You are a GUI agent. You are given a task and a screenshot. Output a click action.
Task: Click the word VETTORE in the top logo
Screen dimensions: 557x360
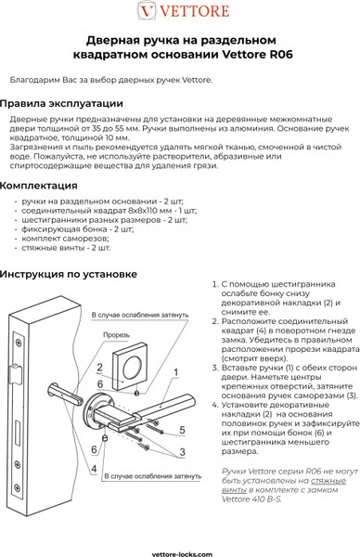click(x=190, y=11)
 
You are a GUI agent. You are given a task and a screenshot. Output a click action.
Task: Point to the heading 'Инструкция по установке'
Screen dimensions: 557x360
click(x=69, y=274)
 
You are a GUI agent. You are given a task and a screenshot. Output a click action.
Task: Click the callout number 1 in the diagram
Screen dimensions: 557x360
click(x=174, y=371)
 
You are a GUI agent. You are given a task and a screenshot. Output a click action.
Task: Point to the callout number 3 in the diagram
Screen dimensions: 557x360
click(x=183, y=450)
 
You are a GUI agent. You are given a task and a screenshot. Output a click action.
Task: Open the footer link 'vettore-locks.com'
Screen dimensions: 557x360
click(x=180, y=550)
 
